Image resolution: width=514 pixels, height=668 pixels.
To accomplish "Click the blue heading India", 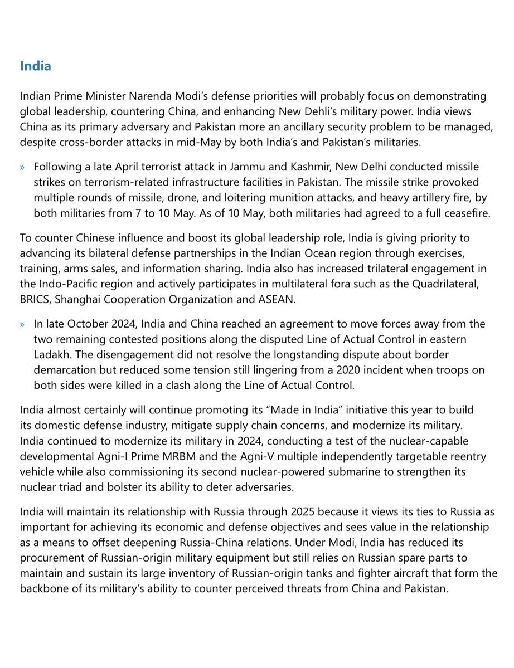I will pos(35,66).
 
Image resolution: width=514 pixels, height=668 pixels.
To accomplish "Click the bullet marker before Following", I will pos(23,168).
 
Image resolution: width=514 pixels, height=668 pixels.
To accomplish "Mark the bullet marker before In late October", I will pos(23,324).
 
